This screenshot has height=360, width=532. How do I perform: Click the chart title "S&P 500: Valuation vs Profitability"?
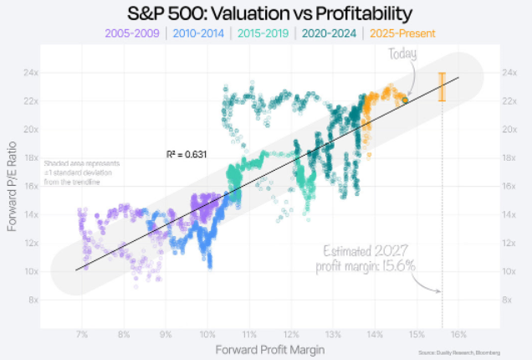[x=265, y=14]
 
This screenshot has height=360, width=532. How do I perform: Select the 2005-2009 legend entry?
[x=132, y=34]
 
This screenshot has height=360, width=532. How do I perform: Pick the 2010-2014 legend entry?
[x=198, y=34]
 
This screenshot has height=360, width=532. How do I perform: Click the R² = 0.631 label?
[x=187, y=154]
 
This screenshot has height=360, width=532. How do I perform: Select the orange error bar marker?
[x=442, y=87]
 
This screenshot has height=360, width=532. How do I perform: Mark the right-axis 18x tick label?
[x=509, y=157]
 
